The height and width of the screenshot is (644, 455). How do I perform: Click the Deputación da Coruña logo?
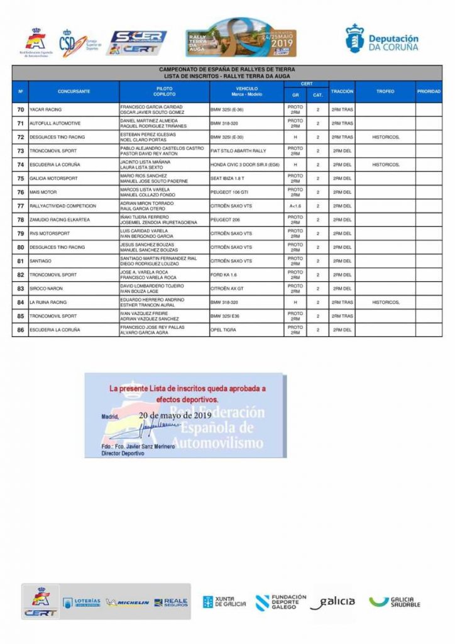[x=381, y=39]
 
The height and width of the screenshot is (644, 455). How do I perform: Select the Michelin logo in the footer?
[x=128, y=602]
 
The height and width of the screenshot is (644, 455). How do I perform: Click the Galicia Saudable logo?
[x=394, y=602]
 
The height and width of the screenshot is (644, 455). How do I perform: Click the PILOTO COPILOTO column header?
[x=164, y=92]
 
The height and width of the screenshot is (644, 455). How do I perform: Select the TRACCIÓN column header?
[x=342, y=92]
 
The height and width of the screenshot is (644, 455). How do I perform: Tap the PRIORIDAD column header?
[x=429, y=92]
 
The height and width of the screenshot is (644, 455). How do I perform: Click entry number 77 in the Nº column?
[x=21, y=206]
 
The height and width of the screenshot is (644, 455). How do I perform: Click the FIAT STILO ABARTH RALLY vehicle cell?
[x=238, y=151]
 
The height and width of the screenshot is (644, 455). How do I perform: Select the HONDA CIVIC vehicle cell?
[x=246, y=164]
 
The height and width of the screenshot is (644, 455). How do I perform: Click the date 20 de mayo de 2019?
[x=175, y=416]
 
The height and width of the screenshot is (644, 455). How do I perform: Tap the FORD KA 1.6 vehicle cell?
[x=224, y=275]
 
